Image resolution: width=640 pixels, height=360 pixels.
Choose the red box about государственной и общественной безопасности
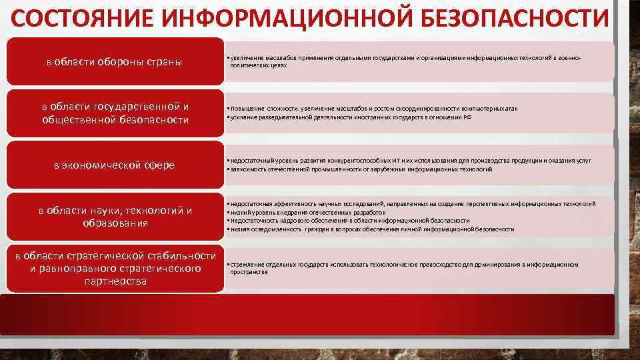click(x=115, y=113)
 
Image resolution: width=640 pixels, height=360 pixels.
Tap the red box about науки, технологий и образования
click(x=115, y=217)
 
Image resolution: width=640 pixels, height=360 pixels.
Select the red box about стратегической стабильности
click(x=115, y=268)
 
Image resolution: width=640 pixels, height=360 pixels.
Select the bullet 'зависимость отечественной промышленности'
click(x=361, y=169)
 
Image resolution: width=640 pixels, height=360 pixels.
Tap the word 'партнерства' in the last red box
click(x=115, y=281)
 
